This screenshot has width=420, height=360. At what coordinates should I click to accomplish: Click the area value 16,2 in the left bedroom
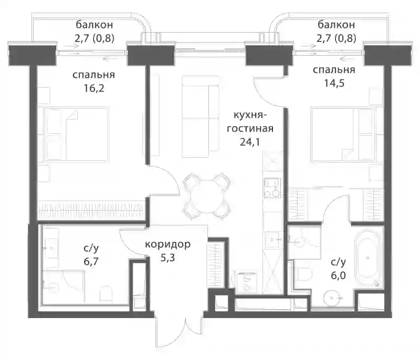click(94, 88)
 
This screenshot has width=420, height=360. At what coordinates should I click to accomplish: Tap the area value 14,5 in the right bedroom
click(334, 83)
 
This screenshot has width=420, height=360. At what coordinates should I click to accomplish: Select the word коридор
click(167, 244)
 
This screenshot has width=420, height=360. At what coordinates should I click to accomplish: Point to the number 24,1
click(250, 142)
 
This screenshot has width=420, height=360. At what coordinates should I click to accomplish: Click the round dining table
click(206, 196)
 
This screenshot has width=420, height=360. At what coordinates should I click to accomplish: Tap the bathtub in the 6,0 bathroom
click(367, 258)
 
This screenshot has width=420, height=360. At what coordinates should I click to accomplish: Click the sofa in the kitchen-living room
click(200, 116)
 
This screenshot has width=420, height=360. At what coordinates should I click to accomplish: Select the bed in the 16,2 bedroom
click(73, 134)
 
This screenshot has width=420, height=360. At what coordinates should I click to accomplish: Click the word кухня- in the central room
click(250, 115)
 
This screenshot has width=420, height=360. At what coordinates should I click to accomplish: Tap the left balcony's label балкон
click(94, 25)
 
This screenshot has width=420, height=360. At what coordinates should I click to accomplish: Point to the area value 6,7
click(91, 261)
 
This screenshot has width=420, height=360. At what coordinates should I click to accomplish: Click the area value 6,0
click(338, 275)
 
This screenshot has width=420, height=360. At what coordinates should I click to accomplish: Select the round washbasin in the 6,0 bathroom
click(333, 297)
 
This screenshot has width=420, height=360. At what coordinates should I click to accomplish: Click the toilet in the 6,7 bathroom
click(106, 294)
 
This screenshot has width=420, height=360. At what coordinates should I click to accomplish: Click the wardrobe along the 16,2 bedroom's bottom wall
click(91, 210)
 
